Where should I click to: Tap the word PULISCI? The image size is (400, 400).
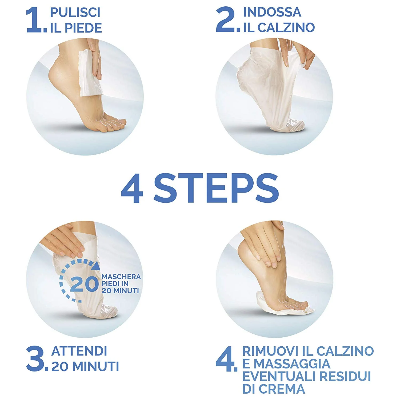(75, 13)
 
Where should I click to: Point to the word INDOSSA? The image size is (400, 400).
(272, 12)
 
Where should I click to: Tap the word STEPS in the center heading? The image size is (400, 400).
(216, 188)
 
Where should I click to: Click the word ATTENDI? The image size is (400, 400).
(79, 351)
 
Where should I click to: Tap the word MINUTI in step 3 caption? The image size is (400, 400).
(96, 367)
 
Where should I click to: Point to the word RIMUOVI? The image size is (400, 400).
(270, 351)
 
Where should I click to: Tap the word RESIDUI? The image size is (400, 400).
(345, 376)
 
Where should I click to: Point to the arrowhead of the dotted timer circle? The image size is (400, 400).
(97, 266)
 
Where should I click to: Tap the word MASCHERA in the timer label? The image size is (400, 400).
(121, 277)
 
